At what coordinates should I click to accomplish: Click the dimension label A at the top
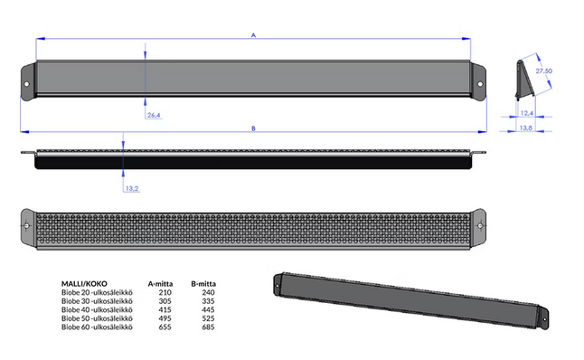point(253,35)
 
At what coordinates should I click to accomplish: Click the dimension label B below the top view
point(253,128)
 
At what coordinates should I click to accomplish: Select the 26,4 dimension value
point(154,115)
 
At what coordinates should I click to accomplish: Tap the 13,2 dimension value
point(132,188)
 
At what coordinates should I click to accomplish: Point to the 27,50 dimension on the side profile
point(544,71)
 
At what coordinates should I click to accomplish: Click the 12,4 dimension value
point(527,113)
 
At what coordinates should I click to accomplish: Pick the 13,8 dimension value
point(526,128)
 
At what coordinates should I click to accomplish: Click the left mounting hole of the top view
point(26,84)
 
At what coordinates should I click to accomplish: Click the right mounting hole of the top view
point(480,84)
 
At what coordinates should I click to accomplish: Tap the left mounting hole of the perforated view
point(26,225)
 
